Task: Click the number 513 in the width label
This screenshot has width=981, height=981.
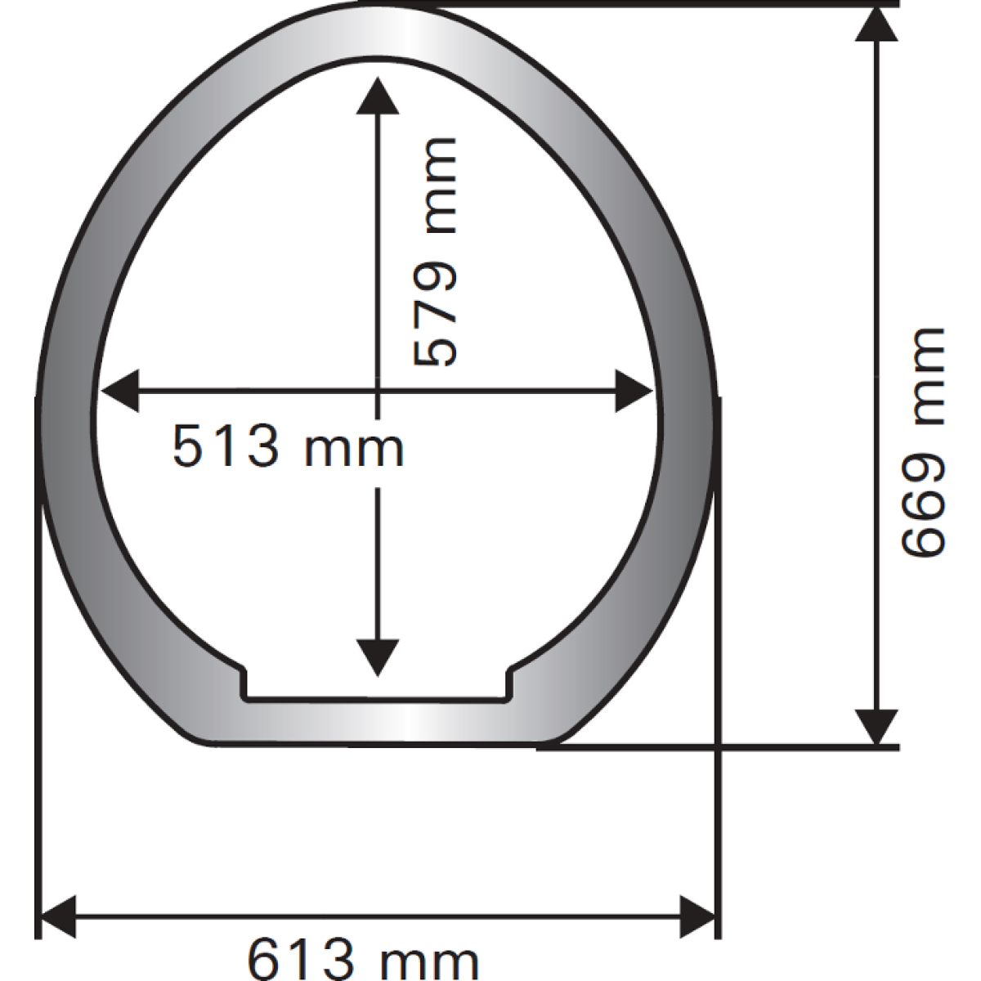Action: pos(226,447)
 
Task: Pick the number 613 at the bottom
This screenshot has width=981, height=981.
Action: pos(300,960)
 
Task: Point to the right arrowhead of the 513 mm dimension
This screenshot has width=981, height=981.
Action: pos(634,391)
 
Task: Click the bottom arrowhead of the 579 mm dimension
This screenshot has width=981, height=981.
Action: pos(377,658)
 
